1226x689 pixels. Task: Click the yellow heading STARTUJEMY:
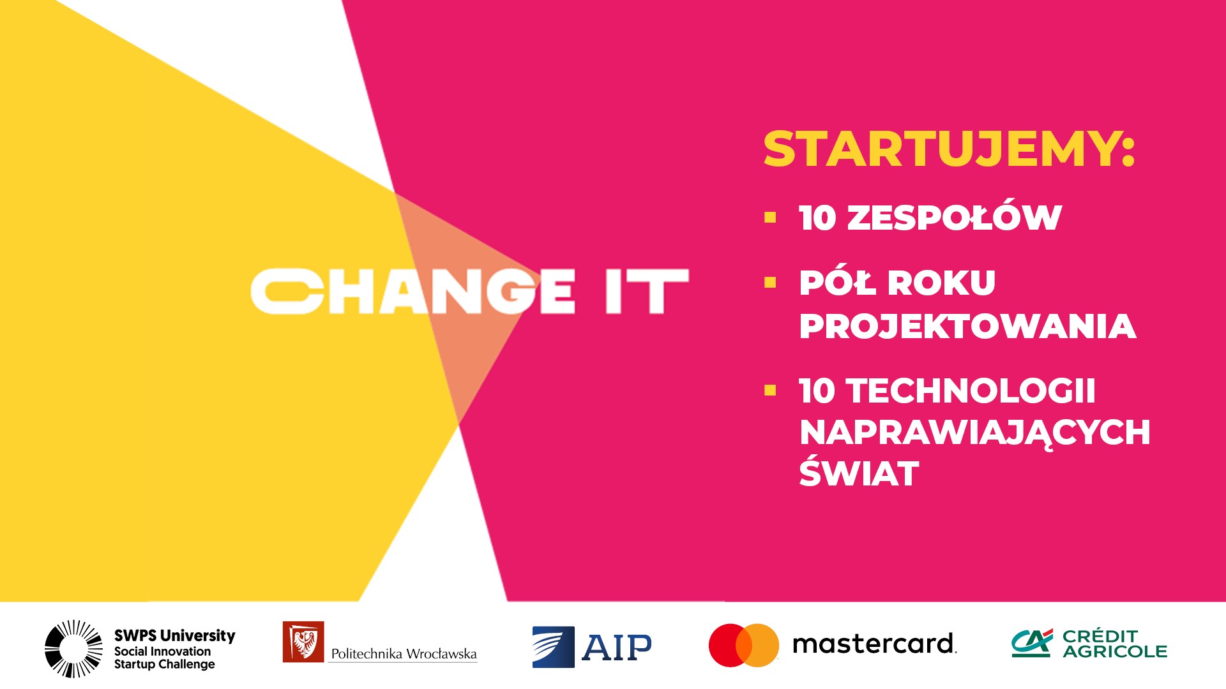tap(949, 149)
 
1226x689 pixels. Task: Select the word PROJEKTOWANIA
tap(967, 326)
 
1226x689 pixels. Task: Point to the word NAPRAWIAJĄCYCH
tap(974, 433)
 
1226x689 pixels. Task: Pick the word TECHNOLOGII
tap(971, 390)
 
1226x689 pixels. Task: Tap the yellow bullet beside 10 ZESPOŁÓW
tap(770, 218)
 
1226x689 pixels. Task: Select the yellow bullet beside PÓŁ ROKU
tap(770, 283)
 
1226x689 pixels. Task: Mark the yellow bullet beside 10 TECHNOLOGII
tap(770, 390)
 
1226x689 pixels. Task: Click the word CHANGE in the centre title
tap(412, 291)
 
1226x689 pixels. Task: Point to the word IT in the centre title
tap(647, 291)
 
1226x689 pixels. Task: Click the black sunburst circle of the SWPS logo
tap(73, 648)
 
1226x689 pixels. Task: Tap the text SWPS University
tap(174, 635)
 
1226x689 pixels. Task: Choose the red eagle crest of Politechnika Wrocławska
tap(303, 642)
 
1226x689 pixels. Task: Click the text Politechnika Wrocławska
tap(404, 653)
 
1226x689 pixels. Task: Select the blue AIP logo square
tap(553, 647)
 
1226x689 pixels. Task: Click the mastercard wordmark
tap(874, 644)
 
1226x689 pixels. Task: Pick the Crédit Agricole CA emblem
tap(1031, 643)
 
